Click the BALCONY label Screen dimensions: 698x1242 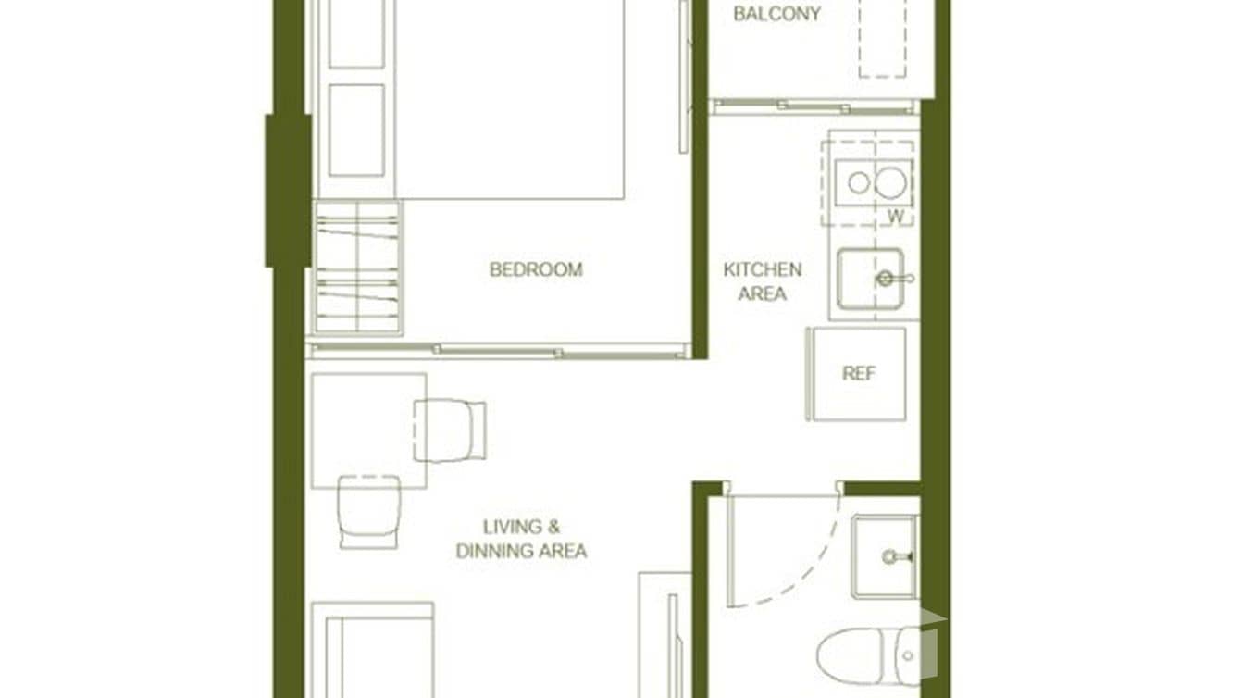pyautogui.click(x=776, y=14)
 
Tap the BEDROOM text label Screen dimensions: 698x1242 pyautogui.click(x=536, y=270)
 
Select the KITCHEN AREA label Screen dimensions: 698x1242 pyautogui.click(x=762, y=281)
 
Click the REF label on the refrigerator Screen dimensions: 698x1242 pyautogui.click(x=858, y=374)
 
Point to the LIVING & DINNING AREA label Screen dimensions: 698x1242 pyautogui.click(x=521, y=539)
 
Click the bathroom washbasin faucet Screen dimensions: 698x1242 pyautogui.click(x=894, y=556)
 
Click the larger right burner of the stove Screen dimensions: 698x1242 pyautogui.click(x=891, y=182)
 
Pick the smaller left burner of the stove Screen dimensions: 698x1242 pyautogui.click(x=859, y=182)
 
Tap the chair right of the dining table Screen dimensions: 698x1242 pyautogui.click(x=450, y=430)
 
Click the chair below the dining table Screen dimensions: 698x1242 pyautogui.click(x=368, y=511)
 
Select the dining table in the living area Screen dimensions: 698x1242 pyautogui.click(x=368, y=430)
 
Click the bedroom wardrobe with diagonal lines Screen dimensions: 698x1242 pyautogui.click(x=357, y=268)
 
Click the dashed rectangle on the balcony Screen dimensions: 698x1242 pyautogui.click(x=882, y=39)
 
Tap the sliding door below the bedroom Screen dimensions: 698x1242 pyautogui.click(x=498, y=351)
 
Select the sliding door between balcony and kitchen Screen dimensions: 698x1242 pyautogui.click(x=814, y=106)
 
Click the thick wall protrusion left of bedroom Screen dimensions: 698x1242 pyautogui.click(x=287, y=191)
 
